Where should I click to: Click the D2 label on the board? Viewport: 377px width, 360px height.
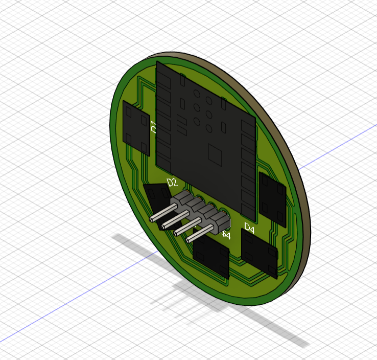[172, 183]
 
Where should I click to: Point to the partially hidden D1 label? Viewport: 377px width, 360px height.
[153, 126]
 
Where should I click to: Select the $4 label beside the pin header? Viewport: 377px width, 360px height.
[226, 235]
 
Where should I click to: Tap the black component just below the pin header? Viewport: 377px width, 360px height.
[211, 257]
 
